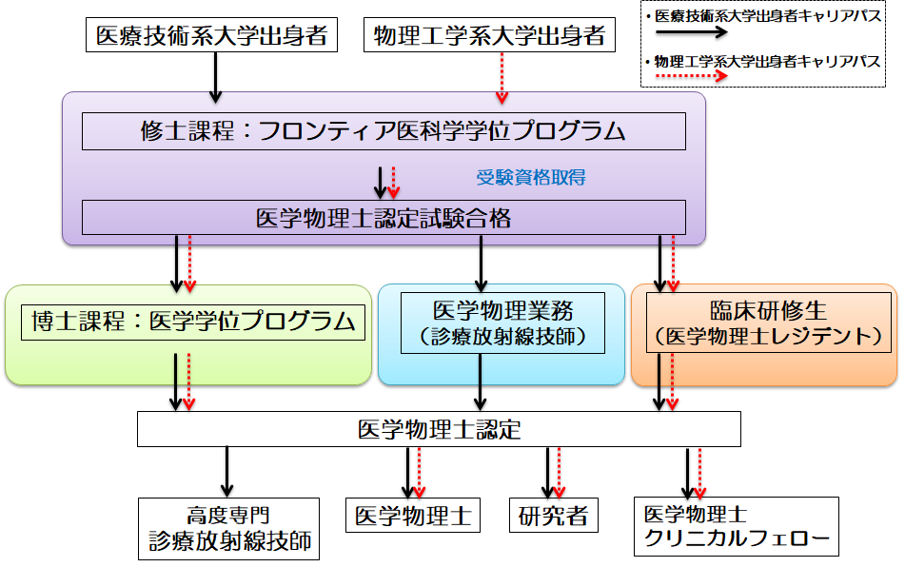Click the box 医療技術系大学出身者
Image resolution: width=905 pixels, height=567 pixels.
(x=211, y=37)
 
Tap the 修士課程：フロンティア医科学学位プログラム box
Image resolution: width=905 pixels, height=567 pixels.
(x=384, y=131)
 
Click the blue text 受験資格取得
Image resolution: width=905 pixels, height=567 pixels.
(x=530, y=177)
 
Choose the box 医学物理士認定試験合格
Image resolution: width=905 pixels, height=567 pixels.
(x=384, y=218)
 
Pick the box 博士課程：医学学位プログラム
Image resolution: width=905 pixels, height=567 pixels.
(x=192, y=322)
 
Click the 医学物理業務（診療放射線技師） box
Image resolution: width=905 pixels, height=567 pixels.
(x=502, y=323)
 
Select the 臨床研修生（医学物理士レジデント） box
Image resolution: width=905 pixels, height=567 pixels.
(x=769, y=323)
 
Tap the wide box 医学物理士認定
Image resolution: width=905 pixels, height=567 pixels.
(x=439, y=429)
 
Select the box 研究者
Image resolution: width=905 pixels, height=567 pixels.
(x=553, y=517)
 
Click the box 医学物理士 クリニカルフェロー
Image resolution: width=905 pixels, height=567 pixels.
(x=737, y=527)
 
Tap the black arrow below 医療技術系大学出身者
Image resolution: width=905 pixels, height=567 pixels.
(x=216, y=77)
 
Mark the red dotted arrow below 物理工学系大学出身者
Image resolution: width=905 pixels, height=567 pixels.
(x=502, y=77)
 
